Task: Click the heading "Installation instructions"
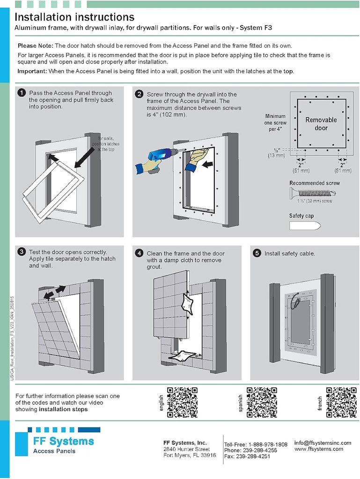pyautogui.click(x=74, y=17)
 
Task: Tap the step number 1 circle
pyautogui.click(x=22, y=93)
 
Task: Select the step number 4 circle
pyautogui.click(x=139, y=253)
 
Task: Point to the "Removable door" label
pyautogui.click(x=321, y=123)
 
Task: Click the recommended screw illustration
pyautogui.click(x=312, y=192)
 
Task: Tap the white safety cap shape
pyautogui.click(x=305, y=226)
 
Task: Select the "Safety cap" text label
pyautogui.click(x=301, y=216)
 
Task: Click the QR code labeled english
pyautogui.click(x=182, y=402)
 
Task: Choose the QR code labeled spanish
pyautogui.click(x=262, y=402)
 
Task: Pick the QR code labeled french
pyautogui.click(x=341, y=402)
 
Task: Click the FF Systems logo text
pyautogui.click(x=63, y=441)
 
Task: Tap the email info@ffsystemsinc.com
pyautogui.click(x=323, y=443)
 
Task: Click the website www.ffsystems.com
pyautogui.click(x=318, y=449)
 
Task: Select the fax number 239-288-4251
pyautogui.click(x=253, y=457)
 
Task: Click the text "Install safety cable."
pyautogui.click(x=290, y=254)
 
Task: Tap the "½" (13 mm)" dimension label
pyautogui.click(x=276, y=152)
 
